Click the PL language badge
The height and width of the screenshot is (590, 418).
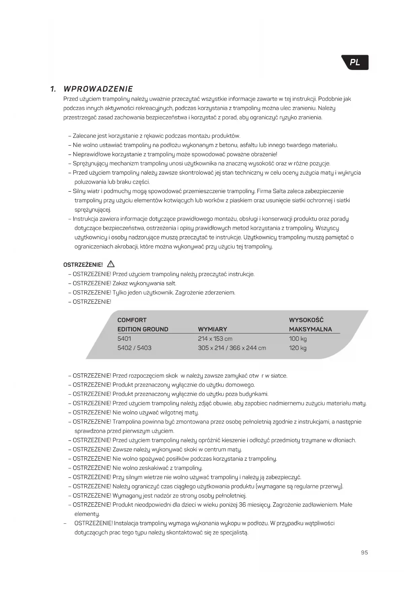[355, 63]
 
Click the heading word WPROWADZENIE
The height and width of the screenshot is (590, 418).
[98, 89]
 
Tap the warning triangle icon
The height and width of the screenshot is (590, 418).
[110, 264]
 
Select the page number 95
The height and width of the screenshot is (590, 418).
[364, 552]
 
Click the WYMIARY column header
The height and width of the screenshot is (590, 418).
[212, 329]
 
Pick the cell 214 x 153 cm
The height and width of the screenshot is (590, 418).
[215, 339]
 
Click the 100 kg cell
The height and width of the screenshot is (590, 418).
[298, 339]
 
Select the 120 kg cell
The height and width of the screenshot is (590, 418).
[298, 348]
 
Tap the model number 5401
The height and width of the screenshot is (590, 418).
[124, 339]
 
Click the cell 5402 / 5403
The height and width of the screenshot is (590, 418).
[134, 348]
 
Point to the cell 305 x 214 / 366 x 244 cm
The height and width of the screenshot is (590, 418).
[232, 348]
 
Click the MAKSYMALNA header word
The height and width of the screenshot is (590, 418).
[310, 329]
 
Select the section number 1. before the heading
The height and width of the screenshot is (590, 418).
[53, 89]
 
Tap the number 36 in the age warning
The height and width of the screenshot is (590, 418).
[242, 505]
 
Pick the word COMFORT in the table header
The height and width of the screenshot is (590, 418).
[132, 320]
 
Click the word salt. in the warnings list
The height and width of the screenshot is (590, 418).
[171, 283]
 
